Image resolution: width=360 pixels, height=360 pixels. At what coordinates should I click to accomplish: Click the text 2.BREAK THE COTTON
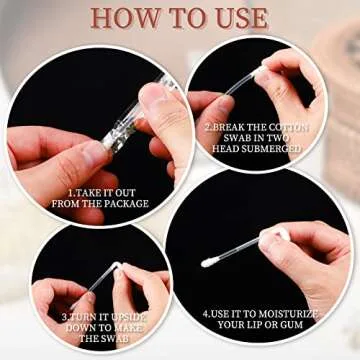(257, 128)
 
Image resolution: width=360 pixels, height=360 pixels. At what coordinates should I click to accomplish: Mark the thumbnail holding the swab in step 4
(268, 239)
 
